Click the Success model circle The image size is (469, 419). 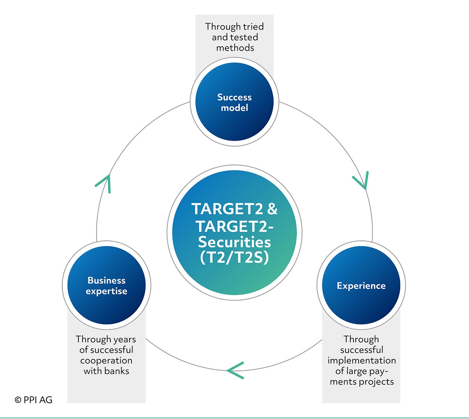click(234, 102)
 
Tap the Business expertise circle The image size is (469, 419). click(106, 285)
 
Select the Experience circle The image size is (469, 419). click(361, 285)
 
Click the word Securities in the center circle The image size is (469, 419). click(234, 242)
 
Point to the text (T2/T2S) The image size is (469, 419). click(234, 258)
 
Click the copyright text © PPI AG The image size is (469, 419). click(34, 400)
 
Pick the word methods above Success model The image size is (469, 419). click(235, 48)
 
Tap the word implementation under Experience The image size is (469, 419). click(362, 360)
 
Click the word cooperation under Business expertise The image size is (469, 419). click(106, 360)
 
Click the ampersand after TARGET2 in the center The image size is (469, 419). click(272, 209)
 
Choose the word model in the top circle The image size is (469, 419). click(234, 108)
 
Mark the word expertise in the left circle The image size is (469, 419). click(106, 291)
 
